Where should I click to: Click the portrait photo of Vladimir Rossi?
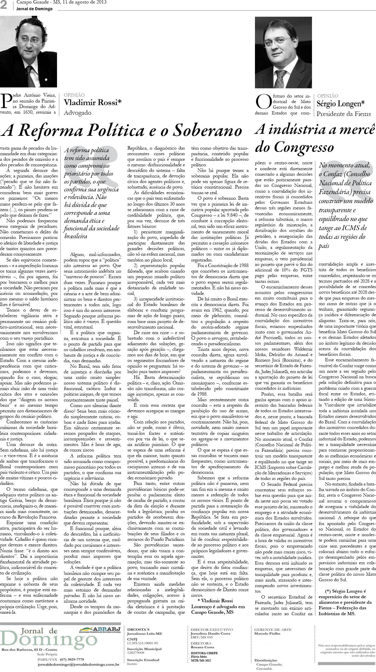click(28, 52)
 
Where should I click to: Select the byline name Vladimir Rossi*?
click(92, 102)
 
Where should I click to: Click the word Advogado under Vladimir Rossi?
click(77, 112)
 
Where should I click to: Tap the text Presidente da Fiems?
click(344, 114)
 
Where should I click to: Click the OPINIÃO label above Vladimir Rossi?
click(74, 95)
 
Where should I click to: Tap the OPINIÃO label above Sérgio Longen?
click(327, 96)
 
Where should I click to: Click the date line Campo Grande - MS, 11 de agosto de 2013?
click(61, 3)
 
